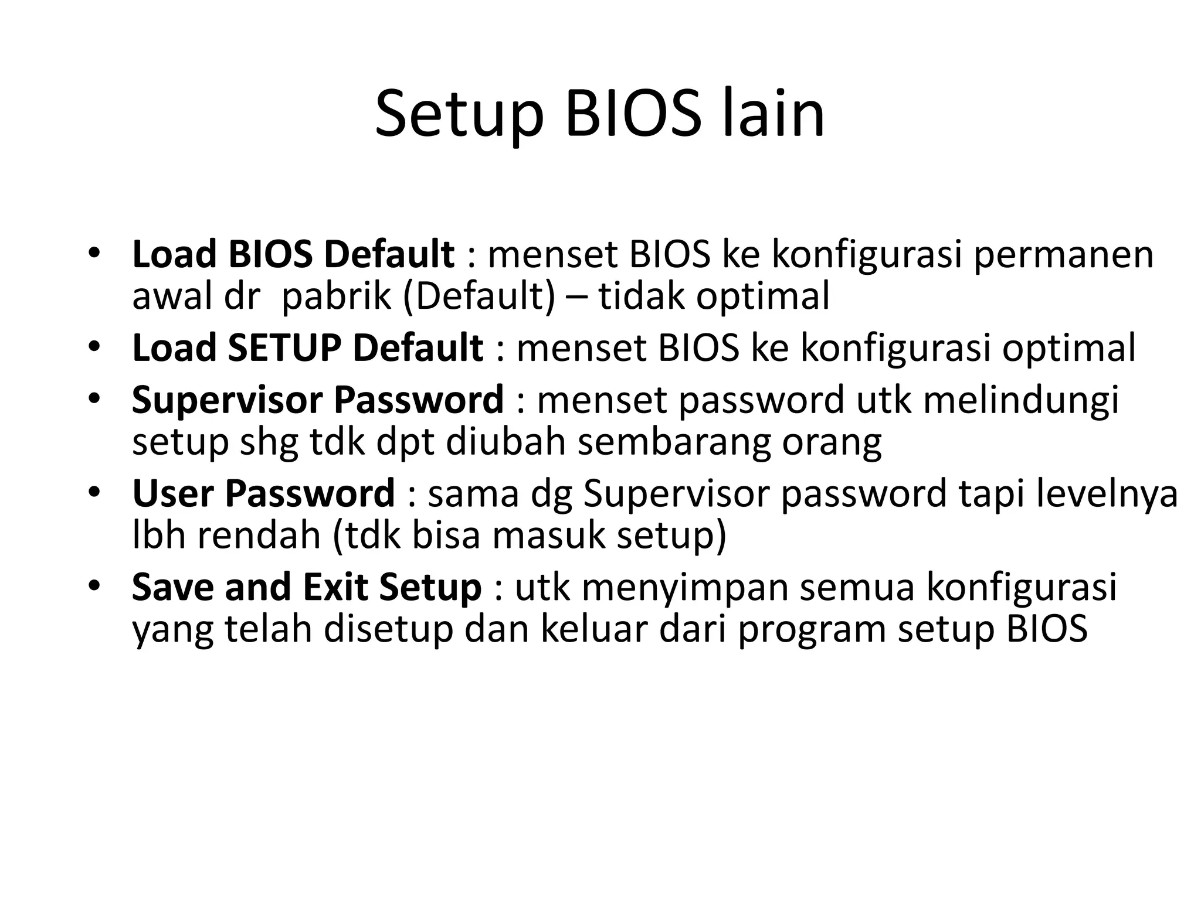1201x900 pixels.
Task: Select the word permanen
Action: click(1063, 255)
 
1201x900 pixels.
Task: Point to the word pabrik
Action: click(335, 297)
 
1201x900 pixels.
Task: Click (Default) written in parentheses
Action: click(479, 297)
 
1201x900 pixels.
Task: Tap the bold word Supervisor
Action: click(229, 400)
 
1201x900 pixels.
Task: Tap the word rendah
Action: click(258, 536)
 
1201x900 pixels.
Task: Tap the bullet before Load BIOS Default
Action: click(93, 256)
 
